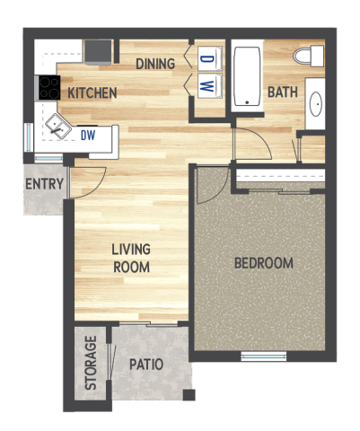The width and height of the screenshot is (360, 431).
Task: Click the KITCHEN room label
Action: click(x=92, y=92)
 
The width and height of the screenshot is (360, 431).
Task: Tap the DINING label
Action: click(x=155, y=64)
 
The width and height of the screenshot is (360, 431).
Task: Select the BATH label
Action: click(x=282, y=92)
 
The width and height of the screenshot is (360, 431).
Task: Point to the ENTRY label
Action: click(x=43, y=185)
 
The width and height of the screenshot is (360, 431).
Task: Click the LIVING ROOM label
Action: click(x=131, y=258)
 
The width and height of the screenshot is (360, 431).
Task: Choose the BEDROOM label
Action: click(x=263, y=263)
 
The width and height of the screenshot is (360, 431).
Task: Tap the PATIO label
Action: click(x=145, y=365)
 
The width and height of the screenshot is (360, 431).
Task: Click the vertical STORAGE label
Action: click(x=91, y=363)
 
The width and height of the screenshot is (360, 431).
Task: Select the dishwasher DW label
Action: click(x=87, y=136)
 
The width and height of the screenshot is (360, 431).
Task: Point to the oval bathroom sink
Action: click(x=316, y=106)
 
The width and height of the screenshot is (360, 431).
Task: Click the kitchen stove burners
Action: click(x=48, y=87)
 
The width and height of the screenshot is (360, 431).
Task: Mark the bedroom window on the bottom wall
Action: click(x=263, y=356)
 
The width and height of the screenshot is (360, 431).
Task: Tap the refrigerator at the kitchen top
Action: click(x=98, y=51)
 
